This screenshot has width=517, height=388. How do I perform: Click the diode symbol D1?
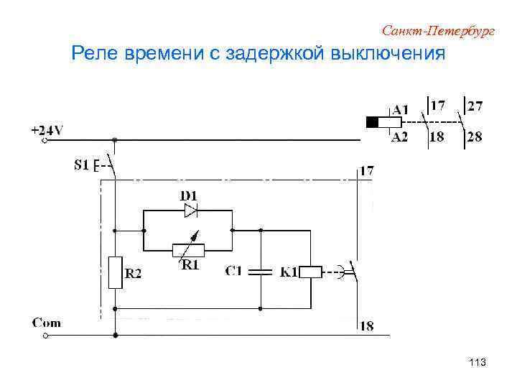click(x=190, y=211)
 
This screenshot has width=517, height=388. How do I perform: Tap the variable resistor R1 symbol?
click(x=188, y=250)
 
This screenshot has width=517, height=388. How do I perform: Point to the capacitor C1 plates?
click(x=261, y=272)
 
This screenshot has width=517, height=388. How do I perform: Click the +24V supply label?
click(x=47, y=130)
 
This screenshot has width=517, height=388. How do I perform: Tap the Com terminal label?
click(x=47, y=323)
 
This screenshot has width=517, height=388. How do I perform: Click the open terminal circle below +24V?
click(x=45, y=141)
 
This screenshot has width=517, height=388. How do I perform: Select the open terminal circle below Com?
click(x=45, y=335)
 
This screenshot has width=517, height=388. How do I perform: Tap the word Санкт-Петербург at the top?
click(x=438, y=31)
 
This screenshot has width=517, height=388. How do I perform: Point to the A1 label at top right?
click(x=401, y=110)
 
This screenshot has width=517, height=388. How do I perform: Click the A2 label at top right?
click(x=399, y=137)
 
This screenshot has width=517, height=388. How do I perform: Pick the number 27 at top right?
click(x=475, y=106)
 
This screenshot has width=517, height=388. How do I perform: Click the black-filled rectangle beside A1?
click(x=372, y=123)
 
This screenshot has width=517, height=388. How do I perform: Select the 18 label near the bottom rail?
click(x=366, y=326)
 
